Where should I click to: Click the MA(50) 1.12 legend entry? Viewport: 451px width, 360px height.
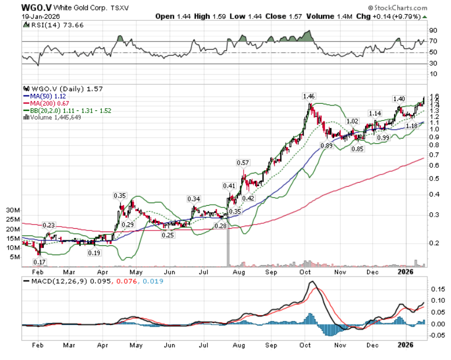coord(46,95)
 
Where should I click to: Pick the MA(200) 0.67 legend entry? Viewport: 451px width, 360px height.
coord(48,103)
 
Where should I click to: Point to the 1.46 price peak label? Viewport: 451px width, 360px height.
coord(309,96)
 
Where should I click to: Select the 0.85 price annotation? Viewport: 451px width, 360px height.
coord(357,149)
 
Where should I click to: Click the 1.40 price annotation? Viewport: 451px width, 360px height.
coord(399,99)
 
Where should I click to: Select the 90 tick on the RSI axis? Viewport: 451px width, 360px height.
coord(433,31)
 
